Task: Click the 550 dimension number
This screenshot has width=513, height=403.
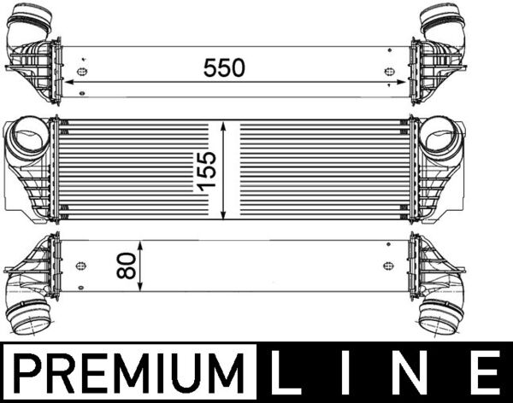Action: (x=224, y=67)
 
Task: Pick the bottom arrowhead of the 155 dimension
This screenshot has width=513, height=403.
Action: (x=224, y=214)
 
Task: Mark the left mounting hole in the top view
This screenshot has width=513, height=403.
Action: (x=81, y=71)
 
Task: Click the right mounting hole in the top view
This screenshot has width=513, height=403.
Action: (x=390, y=71)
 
